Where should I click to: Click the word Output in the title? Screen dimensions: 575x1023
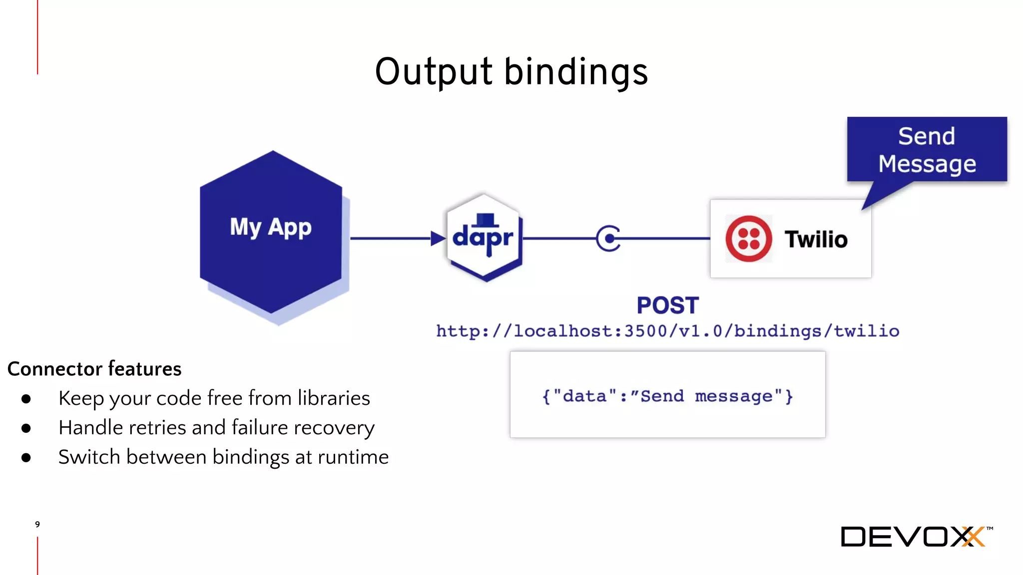click(434, 72)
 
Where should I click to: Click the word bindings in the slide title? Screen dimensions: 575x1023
click(575, 72)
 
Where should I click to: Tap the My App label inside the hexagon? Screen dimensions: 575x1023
click(270, 228)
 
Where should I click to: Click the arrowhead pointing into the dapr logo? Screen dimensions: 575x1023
click(438, 239)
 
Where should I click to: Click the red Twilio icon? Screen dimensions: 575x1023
click(748, 239)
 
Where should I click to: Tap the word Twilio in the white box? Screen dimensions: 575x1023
click(816, 240)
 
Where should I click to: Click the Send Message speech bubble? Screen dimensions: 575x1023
click(927, 150)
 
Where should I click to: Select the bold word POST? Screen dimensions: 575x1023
click(667, 305)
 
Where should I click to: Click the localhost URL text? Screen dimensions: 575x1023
click(667, 331)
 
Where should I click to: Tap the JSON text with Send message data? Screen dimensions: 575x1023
click(667, 396)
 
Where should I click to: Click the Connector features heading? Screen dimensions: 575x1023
click(94, 369)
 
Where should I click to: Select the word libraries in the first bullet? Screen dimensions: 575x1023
click(334, 398)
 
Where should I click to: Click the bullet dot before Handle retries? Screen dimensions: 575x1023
click(26, 428)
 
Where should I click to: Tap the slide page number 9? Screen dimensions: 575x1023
click(37, 524)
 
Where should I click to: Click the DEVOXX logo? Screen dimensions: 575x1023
click(916, 537)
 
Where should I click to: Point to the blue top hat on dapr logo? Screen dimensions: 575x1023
click(485, 220)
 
